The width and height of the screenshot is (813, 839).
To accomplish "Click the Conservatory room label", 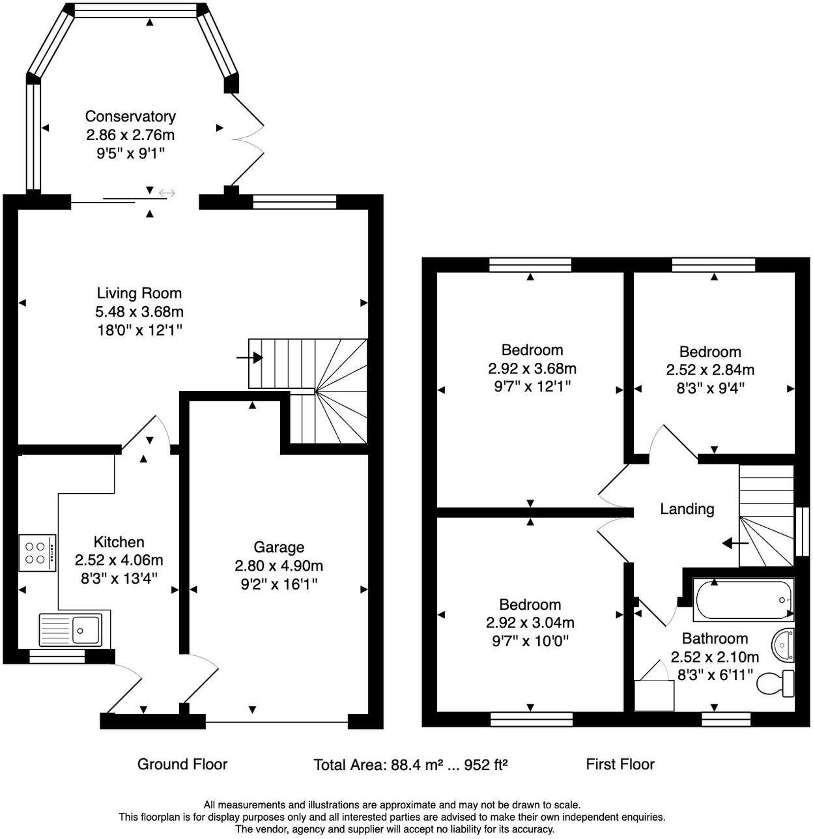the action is click(130, 117).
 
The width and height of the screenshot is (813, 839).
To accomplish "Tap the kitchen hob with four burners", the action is click(38, 553).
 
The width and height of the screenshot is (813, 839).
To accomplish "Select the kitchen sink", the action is click(71, 630).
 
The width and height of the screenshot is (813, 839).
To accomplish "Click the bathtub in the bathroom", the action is click(742, 600).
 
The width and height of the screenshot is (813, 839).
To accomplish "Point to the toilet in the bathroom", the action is click(775, 683).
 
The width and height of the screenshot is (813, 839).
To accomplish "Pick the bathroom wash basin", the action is click(782, 646).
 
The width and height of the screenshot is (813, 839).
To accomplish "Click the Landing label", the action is click(687, 509).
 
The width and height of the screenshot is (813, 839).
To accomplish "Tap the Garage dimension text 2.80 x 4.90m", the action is click(278, 565).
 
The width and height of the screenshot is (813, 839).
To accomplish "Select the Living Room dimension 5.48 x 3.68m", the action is click(139, 312).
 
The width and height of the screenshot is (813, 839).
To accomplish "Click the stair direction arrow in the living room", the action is click(250, 358).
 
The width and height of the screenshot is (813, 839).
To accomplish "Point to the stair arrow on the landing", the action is click(735, 544).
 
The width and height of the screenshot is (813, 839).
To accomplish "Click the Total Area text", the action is click(410, 765).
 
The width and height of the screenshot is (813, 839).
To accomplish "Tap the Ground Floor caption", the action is click(182, 764).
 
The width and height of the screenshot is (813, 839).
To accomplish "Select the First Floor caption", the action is click(620, 764).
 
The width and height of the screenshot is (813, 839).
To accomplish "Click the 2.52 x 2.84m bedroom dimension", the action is click(710, 370).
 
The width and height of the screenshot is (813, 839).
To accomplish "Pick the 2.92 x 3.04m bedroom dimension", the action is click(530, 623).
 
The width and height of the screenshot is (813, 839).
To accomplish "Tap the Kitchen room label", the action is click(119, 542).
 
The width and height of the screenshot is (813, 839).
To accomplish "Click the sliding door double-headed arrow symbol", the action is click(167, 193).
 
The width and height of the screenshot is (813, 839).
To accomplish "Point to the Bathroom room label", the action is click(715, 638).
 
